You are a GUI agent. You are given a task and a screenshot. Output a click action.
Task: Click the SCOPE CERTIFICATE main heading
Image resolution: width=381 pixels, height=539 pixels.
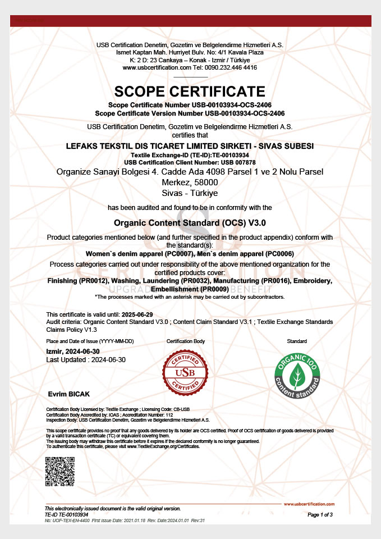(190, 92)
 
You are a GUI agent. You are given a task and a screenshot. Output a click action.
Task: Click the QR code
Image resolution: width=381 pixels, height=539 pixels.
(60, 472)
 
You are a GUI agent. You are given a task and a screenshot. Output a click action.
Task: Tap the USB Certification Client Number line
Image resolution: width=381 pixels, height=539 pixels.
(190, 161)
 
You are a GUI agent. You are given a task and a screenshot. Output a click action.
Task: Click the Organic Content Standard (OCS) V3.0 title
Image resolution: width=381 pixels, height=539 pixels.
(190, 222)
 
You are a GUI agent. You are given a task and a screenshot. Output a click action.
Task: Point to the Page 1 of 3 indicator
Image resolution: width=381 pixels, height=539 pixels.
(321, 514)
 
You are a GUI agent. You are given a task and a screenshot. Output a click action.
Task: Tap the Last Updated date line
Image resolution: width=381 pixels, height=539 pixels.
(86, 359)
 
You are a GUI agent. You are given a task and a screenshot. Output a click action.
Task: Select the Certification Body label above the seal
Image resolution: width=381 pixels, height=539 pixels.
(186, 341)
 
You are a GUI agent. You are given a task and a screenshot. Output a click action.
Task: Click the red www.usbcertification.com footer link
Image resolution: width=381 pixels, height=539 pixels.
(309, 504)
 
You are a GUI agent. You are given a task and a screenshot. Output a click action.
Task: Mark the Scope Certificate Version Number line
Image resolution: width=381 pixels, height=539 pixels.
(190, 113)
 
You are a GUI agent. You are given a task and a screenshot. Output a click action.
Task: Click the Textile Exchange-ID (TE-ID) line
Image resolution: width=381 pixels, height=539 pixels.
(190, 154)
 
